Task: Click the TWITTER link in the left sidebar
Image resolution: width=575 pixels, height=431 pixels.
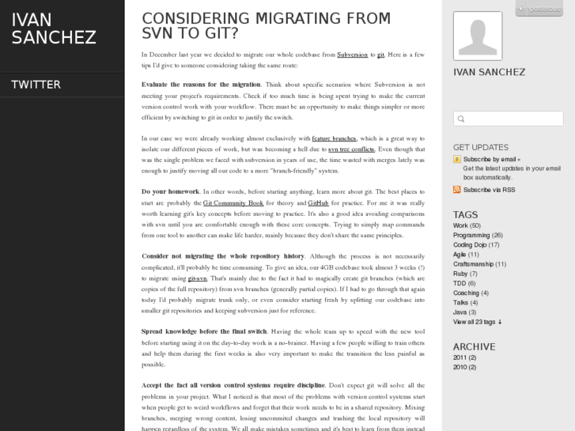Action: pos(36,85)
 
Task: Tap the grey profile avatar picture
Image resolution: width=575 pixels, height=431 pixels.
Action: pos(477,36)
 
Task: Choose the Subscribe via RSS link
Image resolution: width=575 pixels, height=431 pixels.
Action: pos(489,190)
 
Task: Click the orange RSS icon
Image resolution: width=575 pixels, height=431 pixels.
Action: pos(457,190)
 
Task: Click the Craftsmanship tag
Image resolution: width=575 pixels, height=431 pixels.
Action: pos(473,263)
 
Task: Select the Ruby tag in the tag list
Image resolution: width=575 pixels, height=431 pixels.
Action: pos(460,274)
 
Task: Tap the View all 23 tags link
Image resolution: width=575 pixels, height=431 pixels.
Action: pos(477,322)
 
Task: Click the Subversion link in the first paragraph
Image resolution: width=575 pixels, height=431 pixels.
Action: pos(352,55)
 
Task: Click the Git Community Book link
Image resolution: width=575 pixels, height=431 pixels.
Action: pos(233,202)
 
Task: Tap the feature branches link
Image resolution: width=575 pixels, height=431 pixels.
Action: pos(334,138)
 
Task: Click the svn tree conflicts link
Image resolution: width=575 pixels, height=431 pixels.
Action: pos(351,149)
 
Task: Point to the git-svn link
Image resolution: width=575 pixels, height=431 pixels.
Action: pos(198,278)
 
